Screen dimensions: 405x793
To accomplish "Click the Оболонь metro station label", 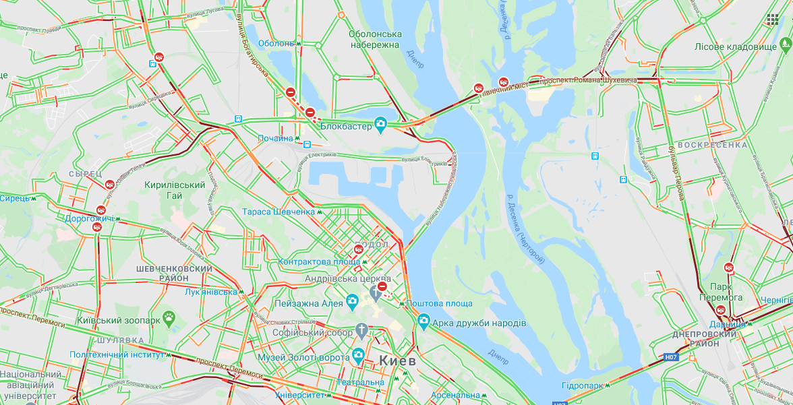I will point(275,43).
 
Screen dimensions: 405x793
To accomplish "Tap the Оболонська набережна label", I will point(375,40).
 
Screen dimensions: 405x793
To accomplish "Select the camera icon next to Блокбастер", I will point(381,123).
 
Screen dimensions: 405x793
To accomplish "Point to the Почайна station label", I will point(276,138).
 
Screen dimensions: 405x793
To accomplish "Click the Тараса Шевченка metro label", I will point(278,212).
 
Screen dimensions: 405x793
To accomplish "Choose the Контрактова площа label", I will point(318,261).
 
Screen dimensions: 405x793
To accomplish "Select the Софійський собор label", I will point(312,333).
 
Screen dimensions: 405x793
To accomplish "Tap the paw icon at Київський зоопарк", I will point(169,316).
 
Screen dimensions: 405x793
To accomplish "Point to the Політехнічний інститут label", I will point(117,354).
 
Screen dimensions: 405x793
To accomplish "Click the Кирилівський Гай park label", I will point(175,190).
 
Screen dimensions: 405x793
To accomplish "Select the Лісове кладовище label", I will point(736,46).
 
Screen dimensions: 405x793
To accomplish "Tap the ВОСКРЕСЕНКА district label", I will point(712,145).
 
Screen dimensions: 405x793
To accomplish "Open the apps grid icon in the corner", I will point(772,20).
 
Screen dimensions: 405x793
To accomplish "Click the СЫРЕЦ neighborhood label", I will point(84,173).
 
